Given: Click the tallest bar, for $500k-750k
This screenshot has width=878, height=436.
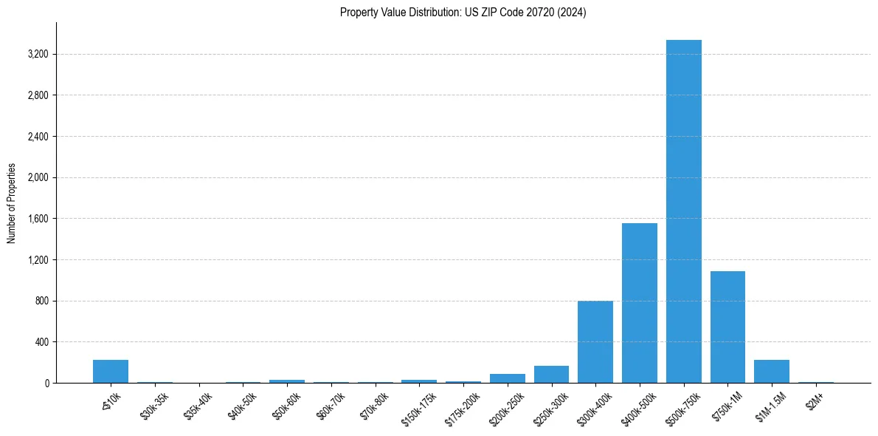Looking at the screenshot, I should coord(683,211).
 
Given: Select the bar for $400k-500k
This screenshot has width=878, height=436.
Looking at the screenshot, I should coord(639,303).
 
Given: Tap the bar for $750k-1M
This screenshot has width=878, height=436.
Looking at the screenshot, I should coord(727,327).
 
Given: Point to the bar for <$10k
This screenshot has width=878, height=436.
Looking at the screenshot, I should coord(111,372).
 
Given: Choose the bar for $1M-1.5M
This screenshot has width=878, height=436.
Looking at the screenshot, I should coord(772,372).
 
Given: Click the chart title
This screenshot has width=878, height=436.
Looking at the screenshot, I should coord(463,13).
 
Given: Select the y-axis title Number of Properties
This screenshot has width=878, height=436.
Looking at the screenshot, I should coord(12,203).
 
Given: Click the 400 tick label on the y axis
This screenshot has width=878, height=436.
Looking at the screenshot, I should coord(41,342).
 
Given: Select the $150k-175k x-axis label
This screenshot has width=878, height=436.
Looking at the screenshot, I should coord(418,407).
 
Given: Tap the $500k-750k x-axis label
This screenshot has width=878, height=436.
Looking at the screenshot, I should coord(682,407).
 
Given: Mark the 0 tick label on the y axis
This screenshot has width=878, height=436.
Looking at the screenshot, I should coord(46,384).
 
